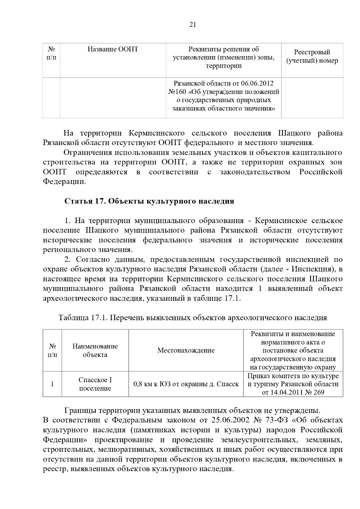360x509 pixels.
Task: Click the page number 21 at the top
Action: [193, 25]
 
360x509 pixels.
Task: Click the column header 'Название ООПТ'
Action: [113, 49]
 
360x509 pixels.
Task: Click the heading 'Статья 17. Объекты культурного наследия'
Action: [149, 201]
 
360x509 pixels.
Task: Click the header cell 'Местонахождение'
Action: [186, 350]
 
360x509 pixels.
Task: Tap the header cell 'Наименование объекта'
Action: [95, 350]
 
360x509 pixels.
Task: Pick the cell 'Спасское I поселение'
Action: [95, 384]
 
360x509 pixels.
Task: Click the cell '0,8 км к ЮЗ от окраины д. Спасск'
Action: [186, 384]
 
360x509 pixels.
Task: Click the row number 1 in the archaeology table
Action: [52, 384]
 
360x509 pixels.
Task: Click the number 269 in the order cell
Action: [318, 392]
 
